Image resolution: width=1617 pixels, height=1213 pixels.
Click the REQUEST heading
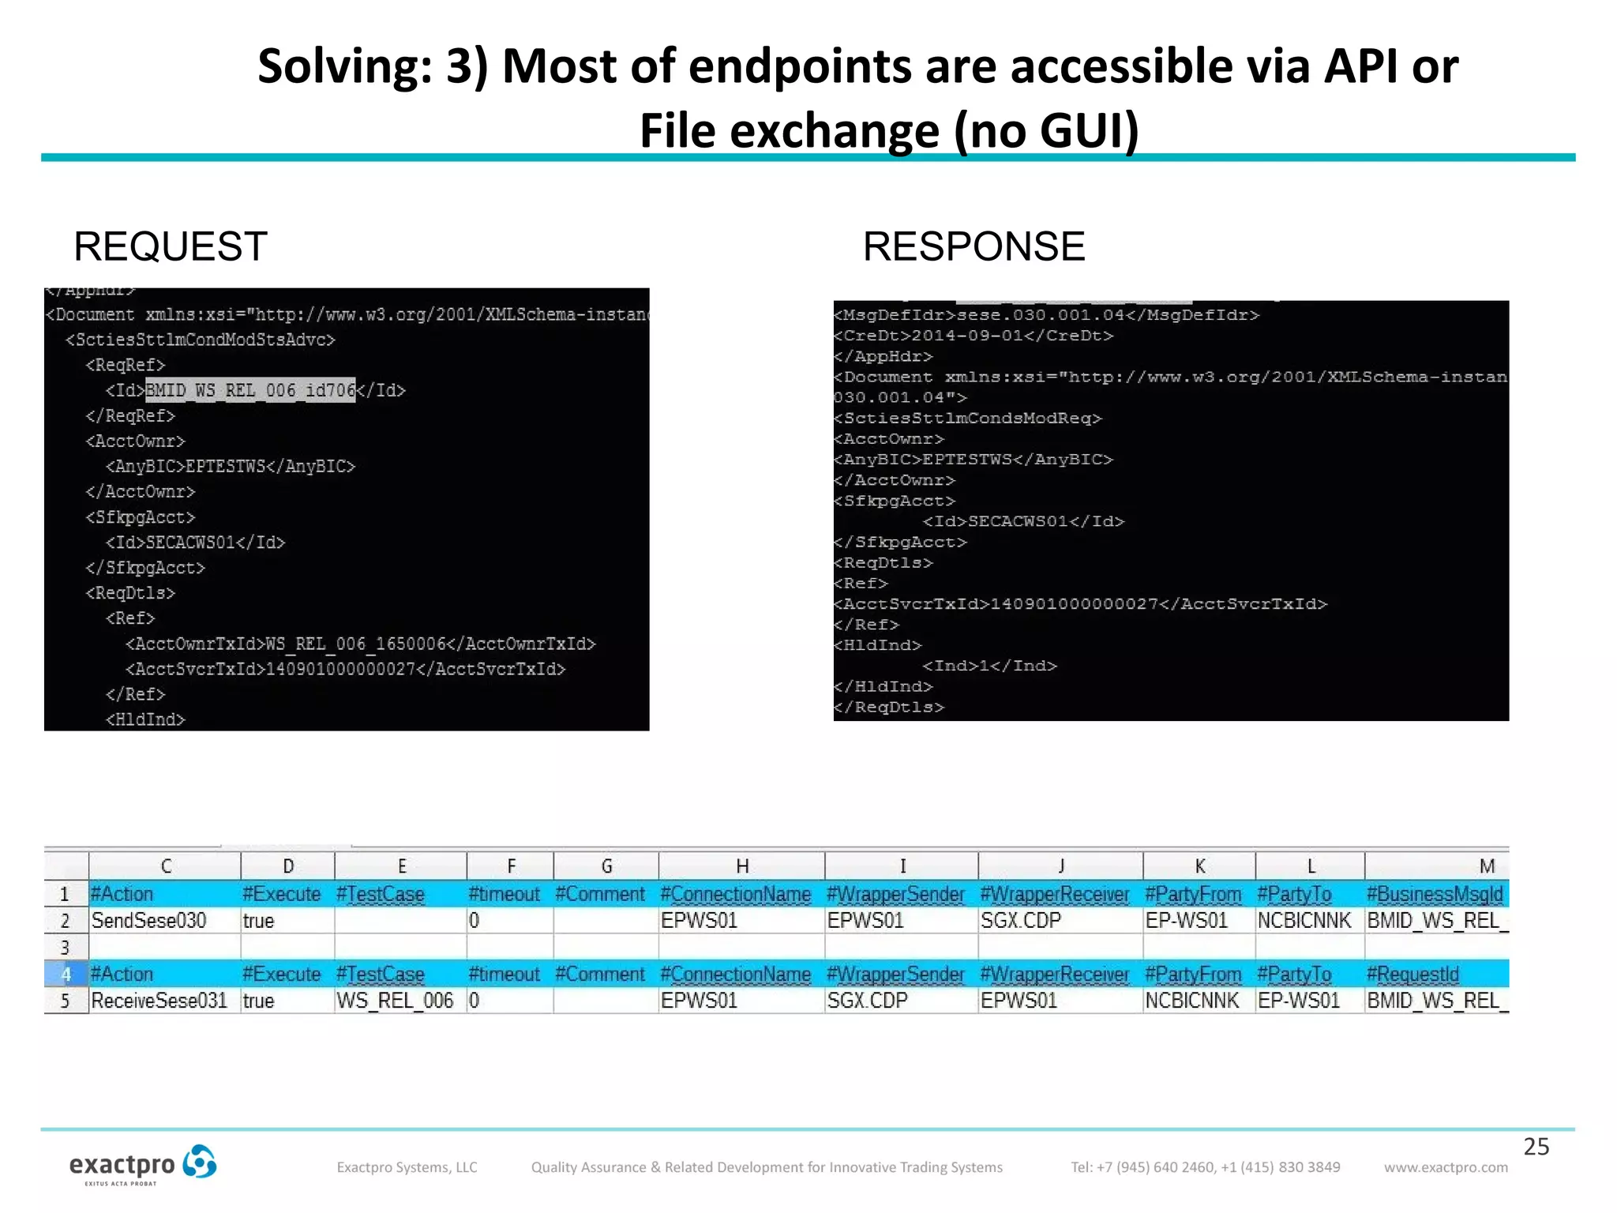(171, 246)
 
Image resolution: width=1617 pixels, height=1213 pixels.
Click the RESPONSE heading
(974, 246)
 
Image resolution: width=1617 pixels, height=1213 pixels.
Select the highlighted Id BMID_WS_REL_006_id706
(250, 390)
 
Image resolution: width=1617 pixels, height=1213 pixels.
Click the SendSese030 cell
(149, 921)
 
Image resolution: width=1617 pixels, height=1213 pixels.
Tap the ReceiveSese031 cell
(159, 1001)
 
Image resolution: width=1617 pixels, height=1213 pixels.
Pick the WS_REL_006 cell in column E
(395, 1001)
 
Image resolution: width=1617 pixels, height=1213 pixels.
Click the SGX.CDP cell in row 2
(1021, 921)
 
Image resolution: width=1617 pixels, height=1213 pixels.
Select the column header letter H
(742, 866)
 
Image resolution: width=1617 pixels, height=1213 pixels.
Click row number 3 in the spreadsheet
(66, 948)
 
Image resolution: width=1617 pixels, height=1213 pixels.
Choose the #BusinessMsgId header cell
(1435, 895)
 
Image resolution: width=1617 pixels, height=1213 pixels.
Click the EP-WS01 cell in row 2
(1187, 921)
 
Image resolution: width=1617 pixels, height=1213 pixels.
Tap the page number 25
(1536, 1147)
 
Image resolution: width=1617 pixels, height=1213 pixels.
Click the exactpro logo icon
(199, 1162)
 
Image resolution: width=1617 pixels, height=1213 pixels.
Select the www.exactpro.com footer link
(1446, 1167)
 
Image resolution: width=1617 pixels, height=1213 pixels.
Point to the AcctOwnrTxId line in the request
(360, 644)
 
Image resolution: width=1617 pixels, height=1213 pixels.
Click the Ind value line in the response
(989, 666)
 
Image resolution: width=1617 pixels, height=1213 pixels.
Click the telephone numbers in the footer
(1206, 1167)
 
